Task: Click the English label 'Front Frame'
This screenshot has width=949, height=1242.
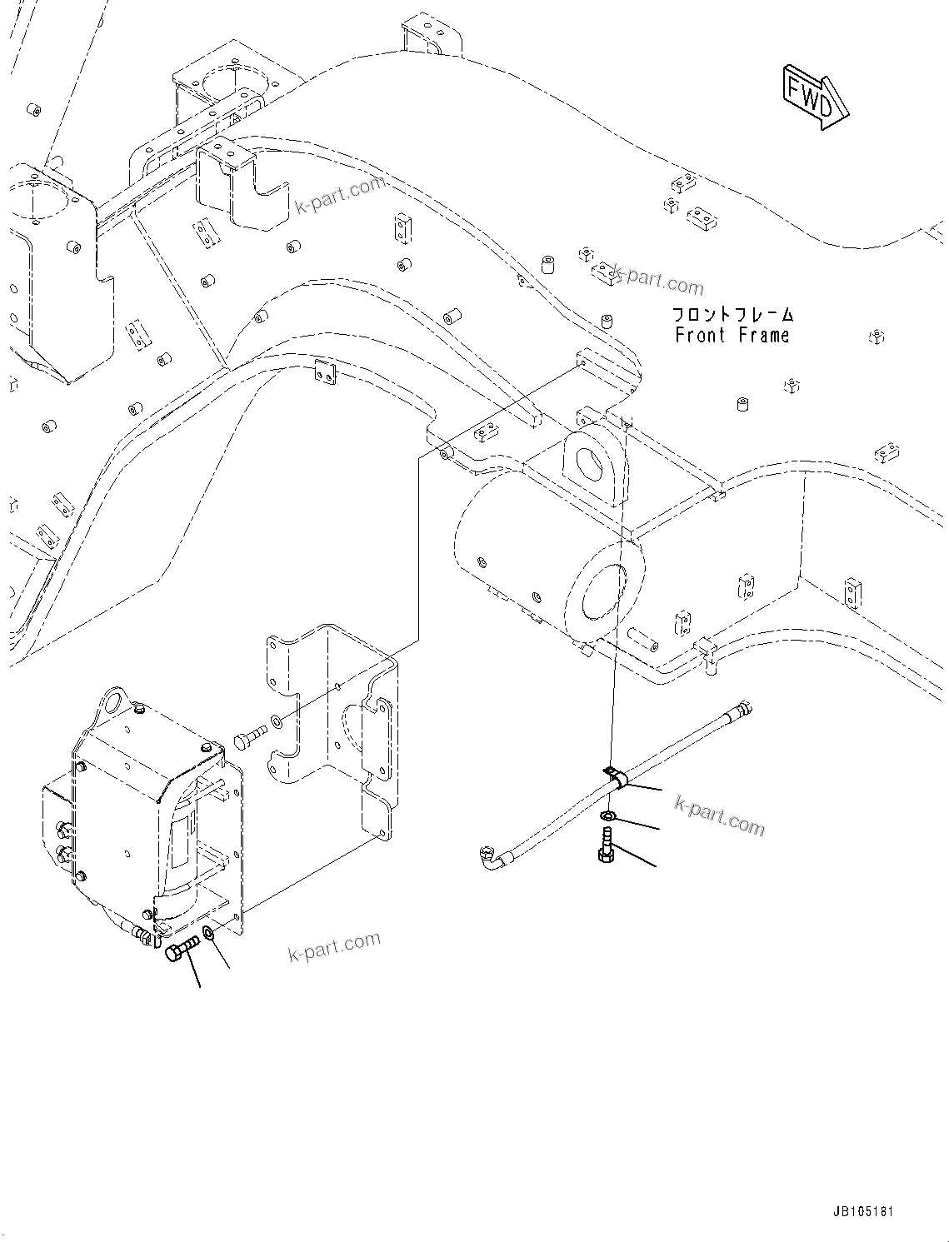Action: [732, 336]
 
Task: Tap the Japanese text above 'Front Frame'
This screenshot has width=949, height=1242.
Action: [733, 315]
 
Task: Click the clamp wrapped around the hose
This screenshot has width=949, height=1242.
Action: [615, 778]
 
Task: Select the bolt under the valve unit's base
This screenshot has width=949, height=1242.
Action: [181, 950]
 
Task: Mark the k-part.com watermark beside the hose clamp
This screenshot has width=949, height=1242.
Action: [719, 814]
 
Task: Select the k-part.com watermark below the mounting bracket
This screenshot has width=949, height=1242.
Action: [334, 945]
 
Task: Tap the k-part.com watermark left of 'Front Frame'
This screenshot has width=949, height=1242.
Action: [657, 280]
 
